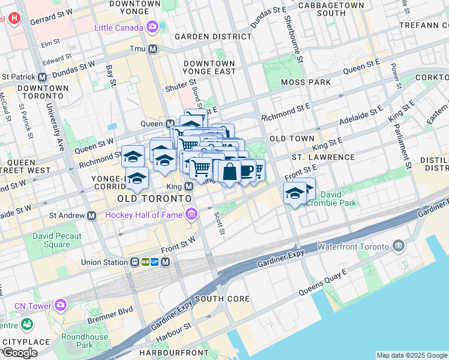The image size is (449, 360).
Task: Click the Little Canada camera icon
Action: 152,26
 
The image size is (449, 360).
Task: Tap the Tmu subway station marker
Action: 153,49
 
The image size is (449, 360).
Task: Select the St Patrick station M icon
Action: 42,77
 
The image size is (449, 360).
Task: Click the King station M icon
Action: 188,187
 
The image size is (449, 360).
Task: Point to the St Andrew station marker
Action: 91,215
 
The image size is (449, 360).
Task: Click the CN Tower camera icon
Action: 60,305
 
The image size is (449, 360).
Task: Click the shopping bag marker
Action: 229,172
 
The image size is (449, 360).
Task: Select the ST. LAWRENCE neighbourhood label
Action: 323,157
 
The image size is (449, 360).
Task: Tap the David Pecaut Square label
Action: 57,240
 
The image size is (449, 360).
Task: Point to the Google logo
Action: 20,353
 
